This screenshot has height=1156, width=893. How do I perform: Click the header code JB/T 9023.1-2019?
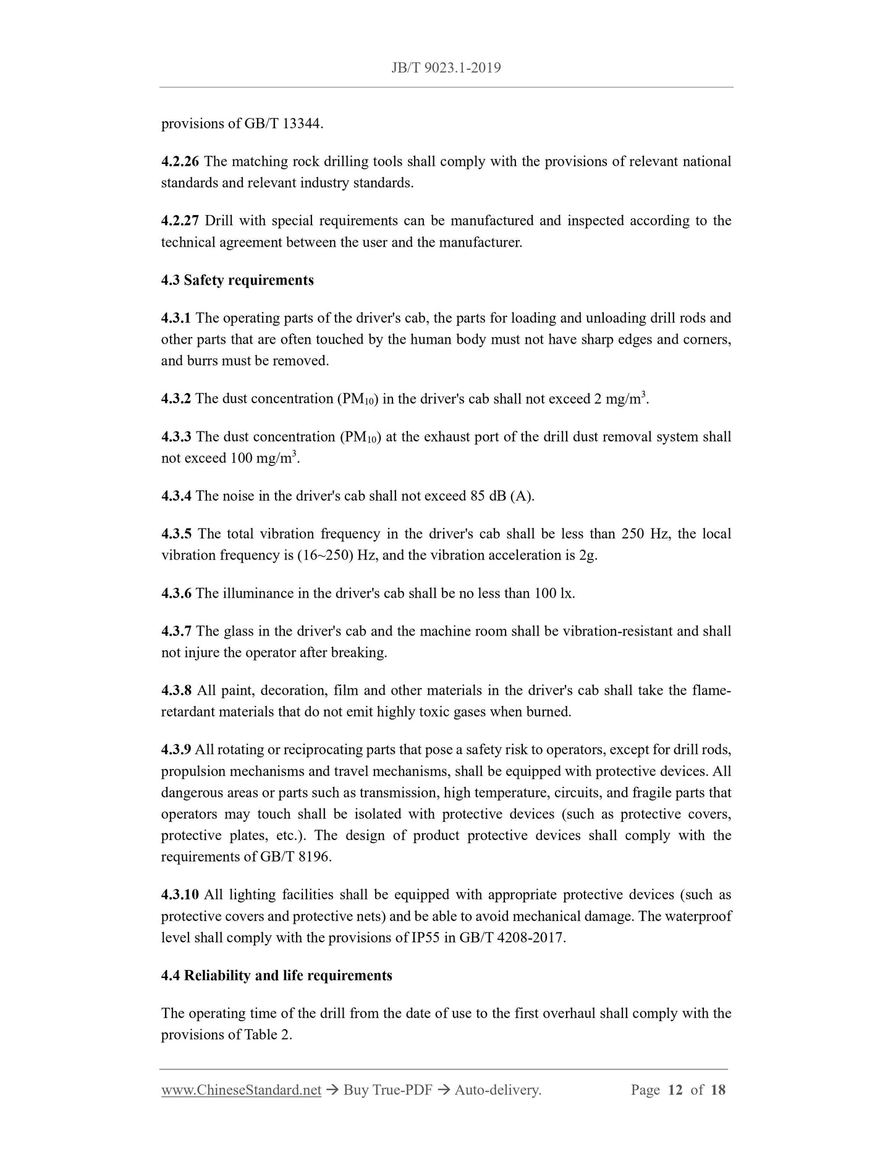click(446, 68)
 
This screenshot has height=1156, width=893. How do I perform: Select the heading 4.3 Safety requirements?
click(237, 281)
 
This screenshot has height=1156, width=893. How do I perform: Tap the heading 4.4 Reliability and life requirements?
click(276, 976)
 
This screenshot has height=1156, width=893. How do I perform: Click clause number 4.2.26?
click(180, 162)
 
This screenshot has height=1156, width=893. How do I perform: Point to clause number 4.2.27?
click(180, 221)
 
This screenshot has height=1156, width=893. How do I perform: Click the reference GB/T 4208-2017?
click(512, 938)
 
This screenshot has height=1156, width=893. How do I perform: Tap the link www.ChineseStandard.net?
click(241, 1090)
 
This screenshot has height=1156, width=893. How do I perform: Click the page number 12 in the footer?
click(675, 1090)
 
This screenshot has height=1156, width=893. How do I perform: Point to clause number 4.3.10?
click(180, 895)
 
